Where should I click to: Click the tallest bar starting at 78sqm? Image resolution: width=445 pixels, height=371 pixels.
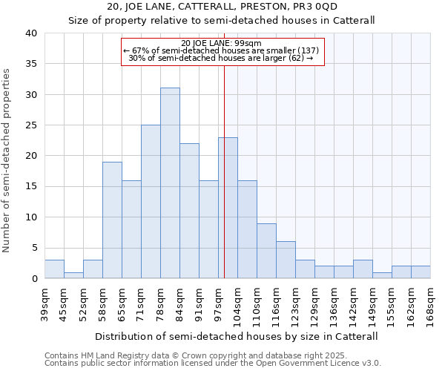pos(170,183)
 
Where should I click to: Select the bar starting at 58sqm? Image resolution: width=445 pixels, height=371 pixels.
pos(112,220)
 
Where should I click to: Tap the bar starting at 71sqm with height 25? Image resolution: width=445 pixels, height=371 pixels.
pos(151,202)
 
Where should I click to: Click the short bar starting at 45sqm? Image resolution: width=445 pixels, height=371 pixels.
pos(73,275)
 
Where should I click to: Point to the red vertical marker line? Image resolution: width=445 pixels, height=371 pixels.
pos(224,171)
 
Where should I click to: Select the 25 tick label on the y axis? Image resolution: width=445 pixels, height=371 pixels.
pos(30,125)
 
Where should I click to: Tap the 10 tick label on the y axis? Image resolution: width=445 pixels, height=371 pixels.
pos(30,217)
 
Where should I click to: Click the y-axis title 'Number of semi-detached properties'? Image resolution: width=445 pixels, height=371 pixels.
pos(7,160)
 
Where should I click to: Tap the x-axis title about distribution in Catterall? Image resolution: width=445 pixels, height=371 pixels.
pos(237,336)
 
